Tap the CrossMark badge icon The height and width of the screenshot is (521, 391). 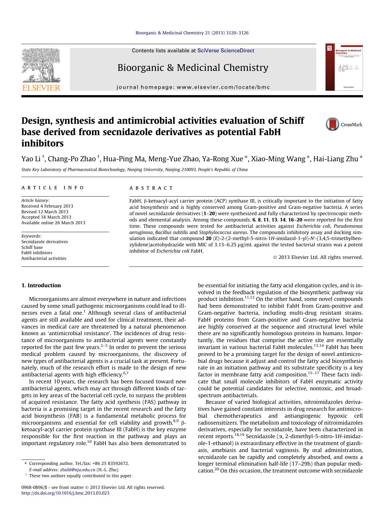pos(332,124)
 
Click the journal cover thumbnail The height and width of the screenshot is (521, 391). pos(344,67)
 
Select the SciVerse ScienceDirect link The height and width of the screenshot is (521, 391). pos(226,51)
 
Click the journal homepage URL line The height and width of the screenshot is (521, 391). pos(193,87)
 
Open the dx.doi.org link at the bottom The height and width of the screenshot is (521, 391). pos(65,493)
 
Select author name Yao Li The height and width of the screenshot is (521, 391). pos(31,159)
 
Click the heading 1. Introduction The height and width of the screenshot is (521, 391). pos(41,285)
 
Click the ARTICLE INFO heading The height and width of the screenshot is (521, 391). pos(53,188)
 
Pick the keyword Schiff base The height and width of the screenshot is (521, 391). pos(32,247)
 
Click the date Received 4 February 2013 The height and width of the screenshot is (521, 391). pos(47,206)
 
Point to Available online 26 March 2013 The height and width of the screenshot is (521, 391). pos(53,223)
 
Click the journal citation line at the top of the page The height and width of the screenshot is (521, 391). pos(192,33)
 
